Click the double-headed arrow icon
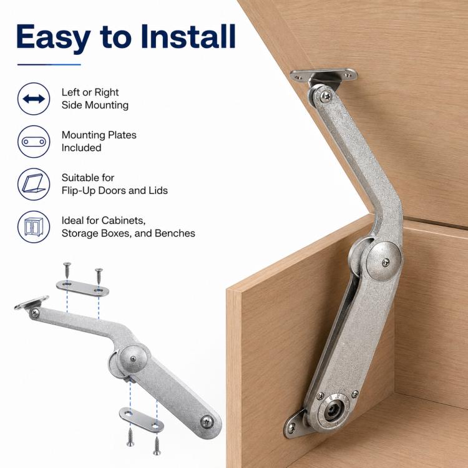[34, 99]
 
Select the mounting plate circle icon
[34, 142]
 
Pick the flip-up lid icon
[34, 184]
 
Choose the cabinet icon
[34, 227]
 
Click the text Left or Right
[90, 92]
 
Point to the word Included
[82, 148]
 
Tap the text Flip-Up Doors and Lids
[115, 190]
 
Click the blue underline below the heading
[49, 64]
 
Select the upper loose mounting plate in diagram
[82, 288]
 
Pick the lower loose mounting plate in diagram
[142, 420]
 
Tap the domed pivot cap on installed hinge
[384, 261]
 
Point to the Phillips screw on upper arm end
[326, 96]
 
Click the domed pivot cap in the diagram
[133, 359]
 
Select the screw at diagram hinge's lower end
[207, 422]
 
